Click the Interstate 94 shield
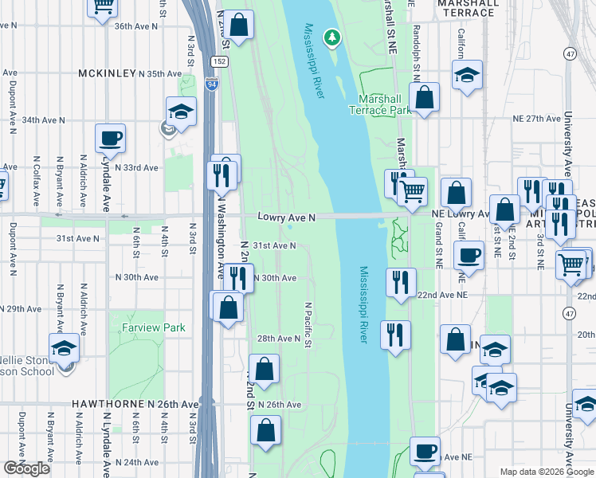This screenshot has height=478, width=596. [210, 80]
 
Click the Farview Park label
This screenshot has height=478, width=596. [154, 327]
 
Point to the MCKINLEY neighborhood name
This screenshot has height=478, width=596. [106, 73]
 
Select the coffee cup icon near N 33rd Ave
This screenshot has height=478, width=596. [110, 138]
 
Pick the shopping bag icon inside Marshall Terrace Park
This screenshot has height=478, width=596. [425, 98]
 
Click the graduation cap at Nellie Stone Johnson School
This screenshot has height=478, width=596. [65, 347]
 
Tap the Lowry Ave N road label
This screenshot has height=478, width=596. [287, 217]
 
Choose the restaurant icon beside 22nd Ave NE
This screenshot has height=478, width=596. [399, 282]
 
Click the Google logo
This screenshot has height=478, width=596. [26, 468]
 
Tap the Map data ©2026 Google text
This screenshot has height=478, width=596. [547, 472]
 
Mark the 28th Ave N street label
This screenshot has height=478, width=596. [278, 339]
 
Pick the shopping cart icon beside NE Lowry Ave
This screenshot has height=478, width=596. [412, 190]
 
